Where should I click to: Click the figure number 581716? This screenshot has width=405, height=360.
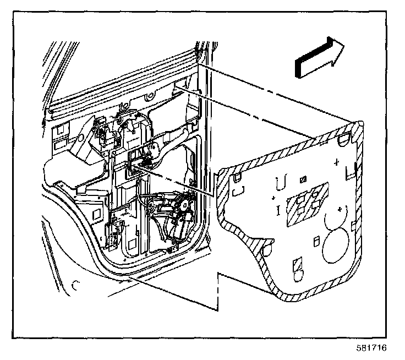click(x=371, y=348)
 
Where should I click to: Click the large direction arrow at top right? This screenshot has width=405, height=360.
click(x=320, y=57)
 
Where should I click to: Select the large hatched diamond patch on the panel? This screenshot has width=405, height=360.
click(x=308, y=204)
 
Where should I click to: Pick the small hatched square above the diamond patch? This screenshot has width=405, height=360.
click(x=303, y=179)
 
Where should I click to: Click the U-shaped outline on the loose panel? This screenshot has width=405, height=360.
click(x=281, y=182)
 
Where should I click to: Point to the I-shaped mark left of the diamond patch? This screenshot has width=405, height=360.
click(x=278, y=210)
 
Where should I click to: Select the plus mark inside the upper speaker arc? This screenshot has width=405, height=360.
click(x=340, y=209)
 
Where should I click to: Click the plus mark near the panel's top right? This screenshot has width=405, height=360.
click(x=336, y=162)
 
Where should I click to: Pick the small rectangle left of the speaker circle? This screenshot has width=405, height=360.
click(x=316, y=242)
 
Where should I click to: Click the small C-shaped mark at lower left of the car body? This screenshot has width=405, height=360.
click(x=75, y=285)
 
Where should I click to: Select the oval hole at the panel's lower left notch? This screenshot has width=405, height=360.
click(x=267, y=250)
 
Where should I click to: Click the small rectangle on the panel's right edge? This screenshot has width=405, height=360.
click(x=353, y=226)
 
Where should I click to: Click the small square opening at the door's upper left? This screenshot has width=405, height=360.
click(x=59, y=129)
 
